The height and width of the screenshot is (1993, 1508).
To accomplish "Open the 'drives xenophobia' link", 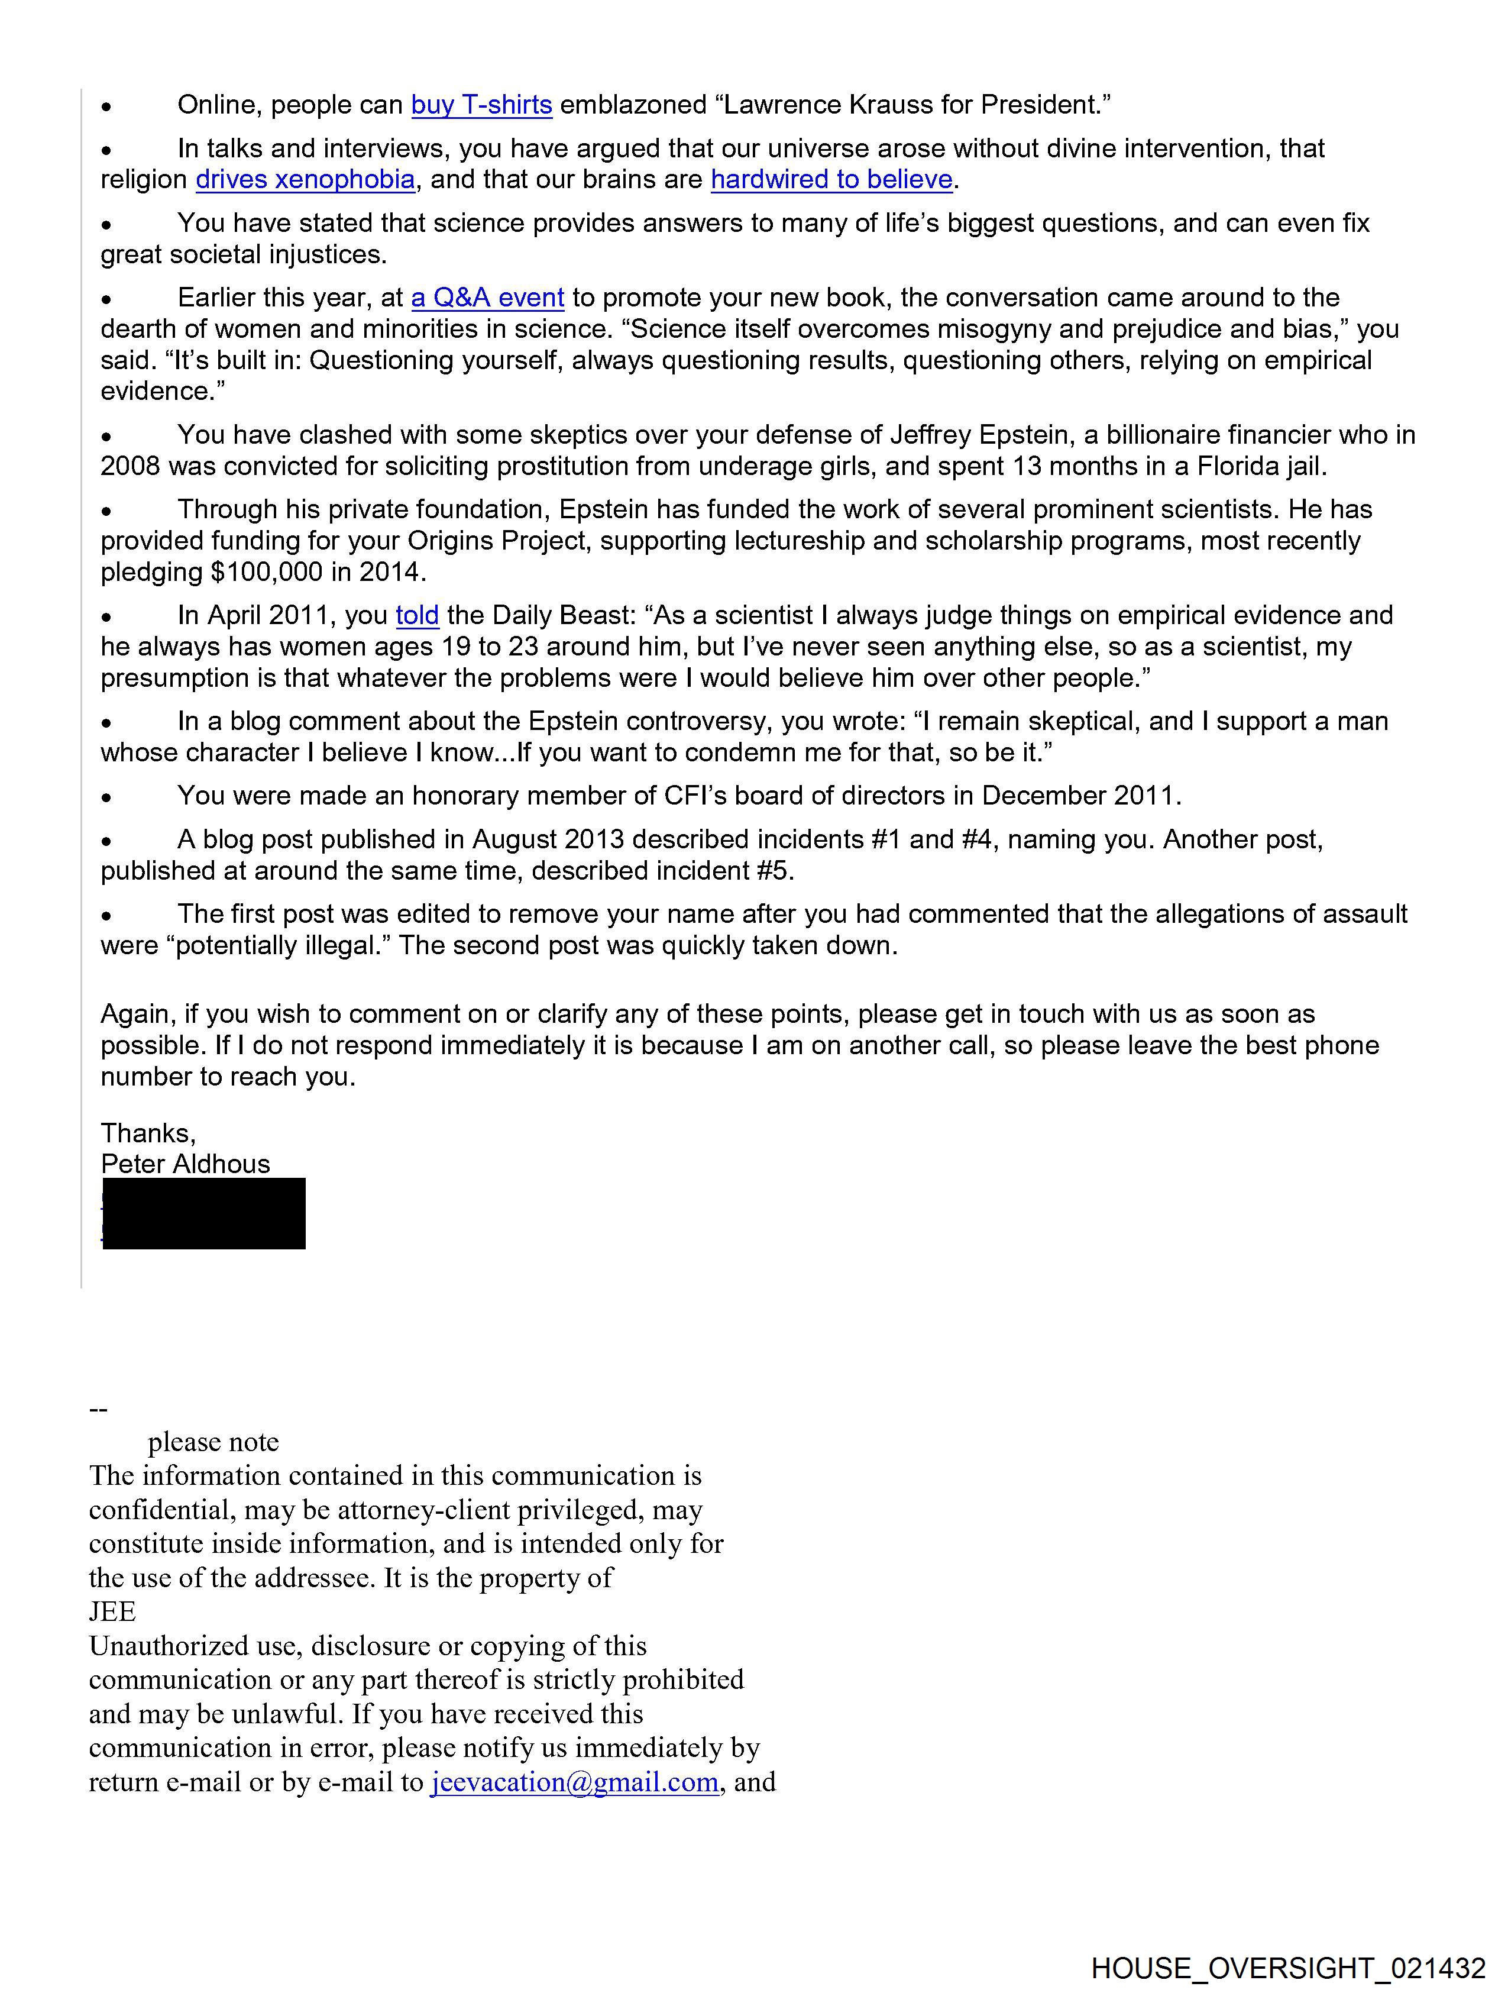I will (x=305, y=180).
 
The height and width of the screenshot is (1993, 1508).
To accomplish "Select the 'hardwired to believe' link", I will (x=831, y=180).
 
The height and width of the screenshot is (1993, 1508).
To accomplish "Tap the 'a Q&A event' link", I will (x=487, y=298).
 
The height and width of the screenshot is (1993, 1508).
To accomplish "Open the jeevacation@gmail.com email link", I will (x=575, y=1782).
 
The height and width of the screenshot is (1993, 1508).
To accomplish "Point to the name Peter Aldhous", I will (x=186, y=1164).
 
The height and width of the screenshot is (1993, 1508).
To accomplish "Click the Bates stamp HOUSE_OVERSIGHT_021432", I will (x=1288, y=1968).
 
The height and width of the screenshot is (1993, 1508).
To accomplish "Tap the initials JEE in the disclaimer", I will (x=112, y=1612).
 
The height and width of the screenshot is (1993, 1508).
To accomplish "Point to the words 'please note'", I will (x=213, y=1442).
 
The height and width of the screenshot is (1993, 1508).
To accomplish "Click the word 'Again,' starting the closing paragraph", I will (x=138, y=1015).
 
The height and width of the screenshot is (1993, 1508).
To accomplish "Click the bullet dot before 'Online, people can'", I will (x=106, y=107).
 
